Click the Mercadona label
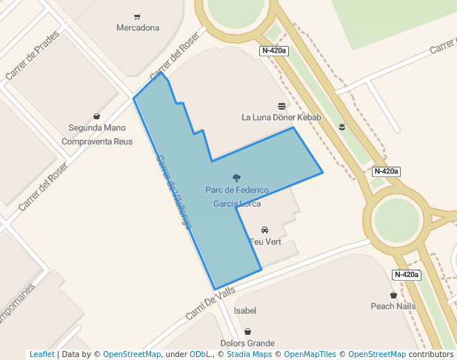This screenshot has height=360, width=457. click(x=138, y=28)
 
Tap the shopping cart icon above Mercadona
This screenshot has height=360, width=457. click(x=138, y=16)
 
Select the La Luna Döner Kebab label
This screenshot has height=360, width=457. click(x=281, y=117)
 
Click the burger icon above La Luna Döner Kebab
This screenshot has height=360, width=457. click(x=281, y=106)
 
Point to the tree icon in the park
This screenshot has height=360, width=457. click(x=236, y=178)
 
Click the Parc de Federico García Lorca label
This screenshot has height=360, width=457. click(x=237, y=197)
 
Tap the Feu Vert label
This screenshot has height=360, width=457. click(x=265, y=242)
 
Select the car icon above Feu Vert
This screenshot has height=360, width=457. click(x=265, y=230)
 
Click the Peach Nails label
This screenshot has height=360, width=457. click(x=393, y=306)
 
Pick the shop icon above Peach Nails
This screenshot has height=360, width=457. click(x=393, y=295)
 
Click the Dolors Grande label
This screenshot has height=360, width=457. click(x=247, y=343)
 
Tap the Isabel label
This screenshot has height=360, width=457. click(x=245, y=311)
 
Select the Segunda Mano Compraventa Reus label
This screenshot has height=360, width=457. click(x=97, y=134)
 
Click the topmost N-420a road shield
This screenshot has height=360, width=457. click(x=274, y=51)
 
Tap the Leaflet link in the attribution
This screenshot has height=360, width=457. click(x=41, y=355)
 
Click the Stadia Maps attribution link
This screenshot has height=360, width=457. click(x=249, y=355)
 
